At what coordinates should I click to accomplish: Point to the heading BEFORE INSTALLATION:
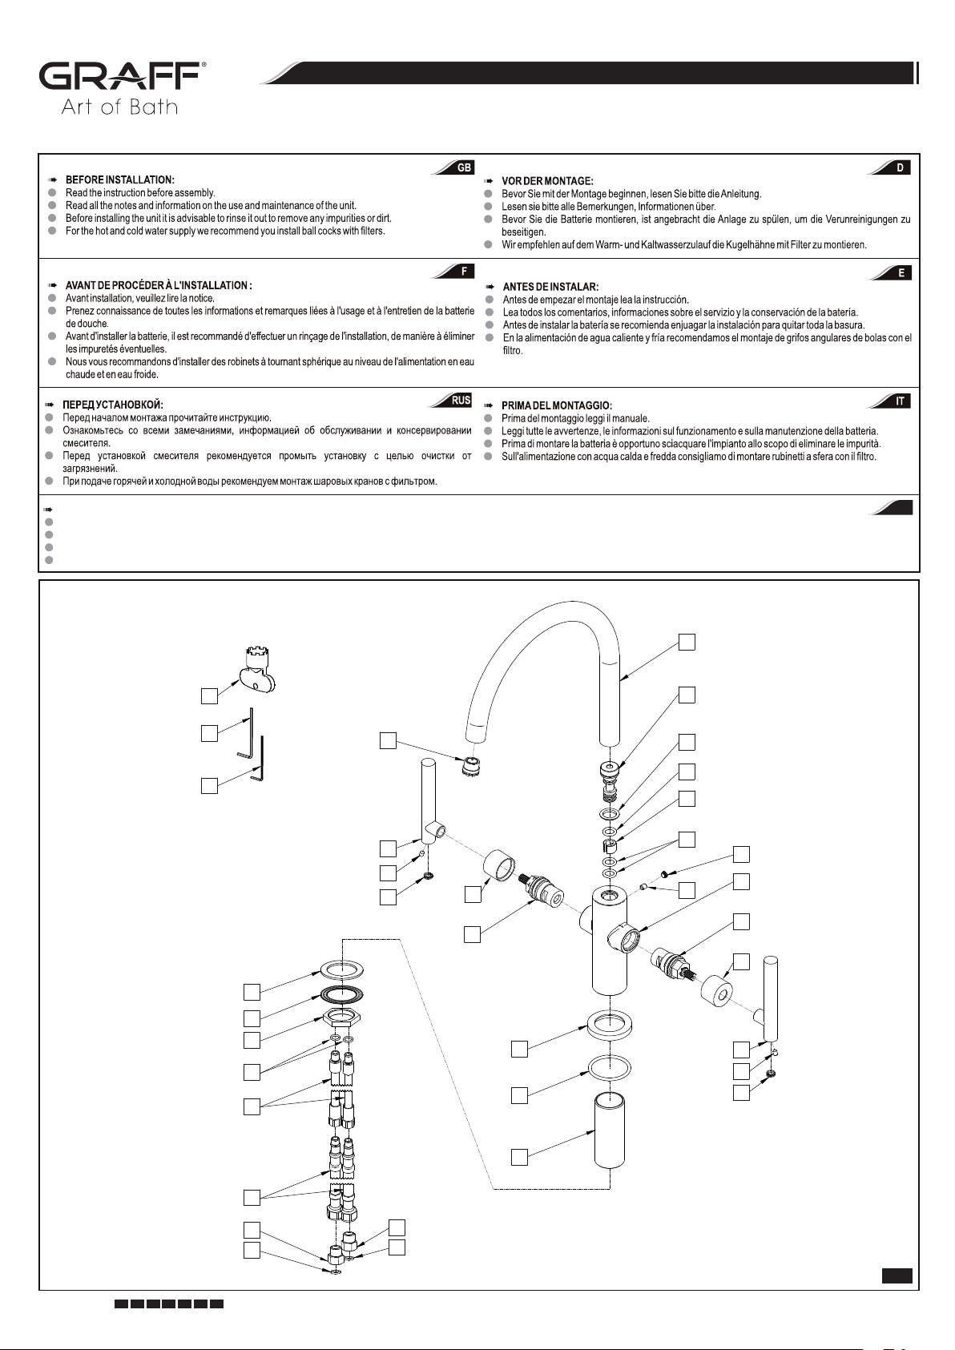coord(120,179)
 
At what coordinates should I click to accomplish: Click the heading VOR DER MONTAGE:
coord(547,181)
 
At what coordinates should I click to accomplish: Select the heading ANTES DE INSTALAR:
coord(550,287)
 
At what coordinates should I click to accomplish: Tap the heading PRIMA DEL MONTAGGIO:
coord(557,405)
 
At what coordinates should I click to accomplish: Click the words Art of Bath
coord(119,107)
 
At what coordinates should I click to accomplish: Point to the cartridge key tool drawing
coord(256,670)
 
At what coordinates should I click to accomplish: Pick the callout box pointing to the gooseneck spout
coord(687,642)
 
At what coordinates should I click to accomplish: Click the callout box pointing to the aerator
coord(388,740)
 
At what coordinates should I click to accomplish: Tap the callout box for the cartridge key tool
coord(209,695)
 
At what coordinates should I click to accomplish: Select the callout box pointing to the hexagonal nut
coord(252,1040)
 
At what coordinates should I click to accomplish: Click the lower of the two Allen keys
coord(258,758)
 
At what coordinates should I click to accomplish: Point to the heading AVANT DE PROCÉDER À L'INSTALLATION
coord(159,285)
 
